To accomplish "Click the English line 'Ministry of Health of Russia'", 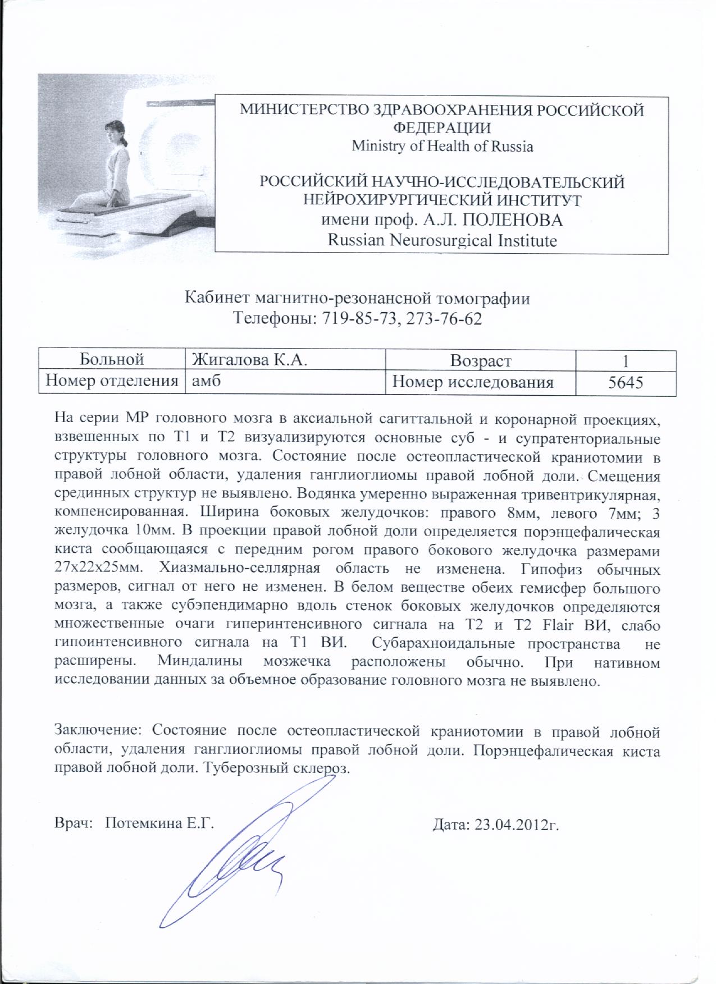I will (442, 147).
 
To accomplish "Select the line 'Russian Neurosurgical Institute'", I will (442, 241).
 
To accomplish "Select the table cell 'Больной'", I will (112, 359).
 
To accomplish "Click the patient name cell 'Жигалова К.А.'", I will (249, 359).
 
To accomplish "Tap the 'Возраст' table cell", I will (480, 360).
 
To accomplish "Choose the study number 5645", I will (625, 383).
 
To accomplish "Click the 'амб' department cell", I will (207, 381).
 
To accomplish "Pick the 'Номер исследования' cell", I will (472, 382).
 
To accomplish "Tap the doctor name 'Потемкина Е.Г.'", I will (159, 823).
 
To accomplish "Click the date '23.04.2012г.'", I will (517, 825).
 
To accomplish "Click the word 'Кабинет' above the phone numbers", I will (217, 298).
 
